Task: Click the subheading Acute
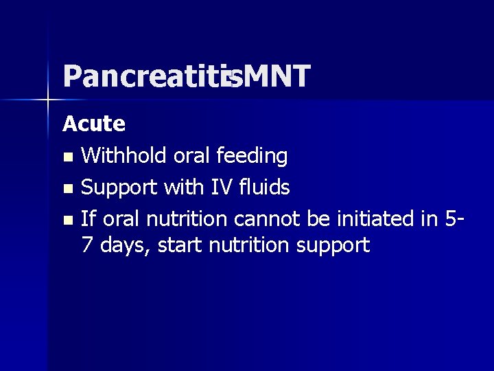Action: pyautogui.click(x=94, y=124)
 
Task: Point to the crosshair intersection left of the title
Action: pyautogui.click(x=48, y=100)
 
